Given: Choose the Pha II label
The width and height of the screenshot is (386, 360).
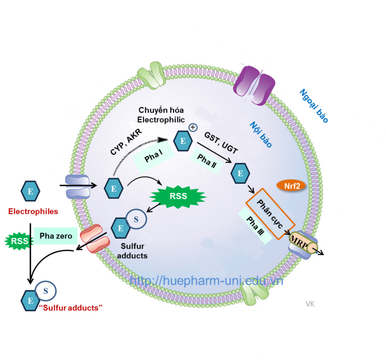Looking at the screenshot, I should (206, 161).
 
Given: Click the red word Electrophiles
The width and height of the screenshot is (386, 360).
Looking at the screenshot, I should (34, 211).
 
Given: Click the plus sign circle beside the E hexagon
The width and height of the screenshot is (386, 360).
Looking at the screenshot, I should (193, 127).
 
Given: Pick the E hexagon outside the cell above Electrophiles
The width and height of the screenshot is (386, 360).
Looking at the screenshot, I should (30, 190).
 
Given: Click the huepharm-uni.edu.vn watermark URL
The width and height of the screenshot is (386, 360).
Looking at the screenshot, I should (206, 280).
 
